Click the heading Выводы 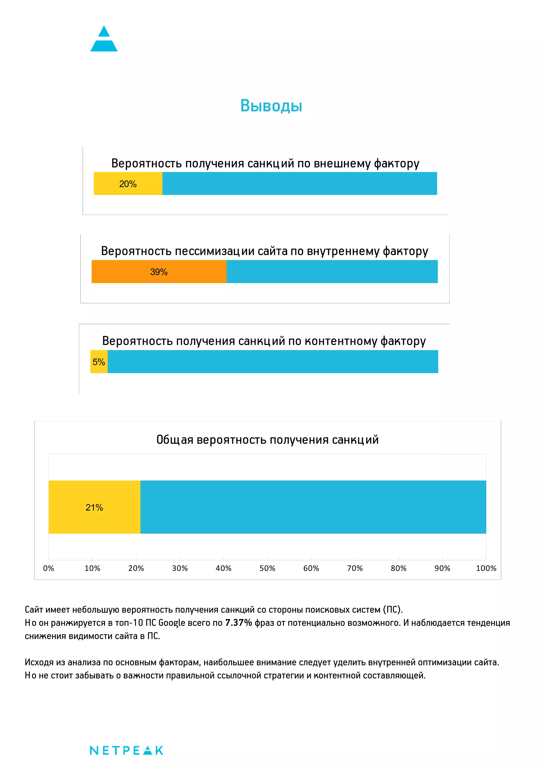click(x=271, y=106)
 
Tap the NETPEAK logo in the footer click(x=126, y=750)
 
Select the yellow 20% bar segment click(x=128, y=184)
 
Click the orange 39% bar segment click(x=159, y=272)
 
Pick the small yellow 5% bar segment click(x=99, y=361)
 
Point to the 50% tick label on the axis click(x=267, y=568)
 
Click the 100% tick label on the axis click(x=486, y=568)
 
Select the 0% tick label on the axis click(x=49, y=568)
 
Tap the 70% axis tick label click(x=355, y=568)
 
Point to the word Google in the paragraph click(x=172, y=623)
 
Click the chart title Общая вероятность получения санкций click(x=267, y=440)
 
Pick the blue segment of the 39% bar click(x=332, y=272)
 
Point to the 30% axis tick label click(x=180, y=568)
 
